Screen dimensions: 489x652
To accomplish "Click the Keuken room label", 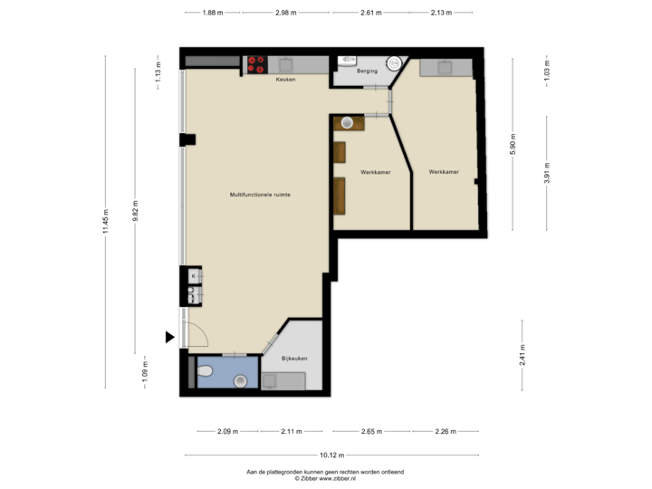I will click(286, 80).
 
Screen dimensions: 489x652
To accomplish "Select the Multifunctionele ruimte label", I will click(260, 194).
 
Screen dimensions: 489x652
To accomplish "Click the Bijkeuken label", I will click(294, 359).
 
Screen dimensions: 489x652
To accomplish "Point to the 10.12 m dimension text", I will click(332, 455).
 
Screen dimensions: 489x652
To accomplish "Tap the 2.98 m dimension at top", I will click(286, 13).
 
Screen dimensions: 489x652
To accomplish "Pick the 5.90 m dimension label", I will click(513, 145).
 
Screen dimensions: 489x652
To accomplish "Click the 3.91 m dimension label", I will click(547, 174).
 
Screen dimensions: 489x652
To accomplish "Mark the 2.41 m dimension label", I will click(523, 354).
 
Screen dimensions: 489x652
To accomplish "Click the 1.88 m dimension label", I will click(213, 13).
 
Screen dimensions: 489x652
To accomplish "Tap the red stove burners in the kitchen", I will click(255, 63).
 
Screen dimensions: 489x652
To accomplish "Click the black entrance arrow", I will click(169, 337).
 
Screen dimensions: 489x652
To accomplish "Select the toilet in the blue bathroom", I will click(206, 370).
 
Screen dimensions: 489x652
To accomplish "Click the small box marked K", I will click(193, 274).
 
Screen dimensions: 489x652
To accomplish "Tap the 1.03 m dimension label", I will click(547, 72).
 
